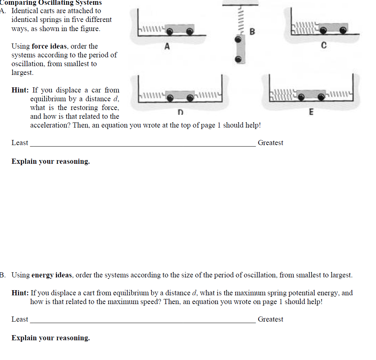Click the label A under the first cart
(167, 46)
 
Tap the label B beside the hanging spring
(252, 32)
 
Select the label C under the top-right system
(323, 46)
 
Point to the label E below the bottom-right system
(311, 112)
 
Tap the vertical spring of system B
(240, 20)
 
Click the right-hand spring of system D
(208, 96)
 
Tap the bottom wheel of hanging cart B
(239, 59)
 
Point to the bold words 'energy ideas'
(52, 275)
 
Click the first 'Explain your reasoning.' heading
(50, 162)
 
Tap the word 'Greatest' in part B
(270, 319)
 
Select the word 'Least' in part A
(20, 143)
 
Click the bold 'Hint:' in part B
(20, 293)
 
